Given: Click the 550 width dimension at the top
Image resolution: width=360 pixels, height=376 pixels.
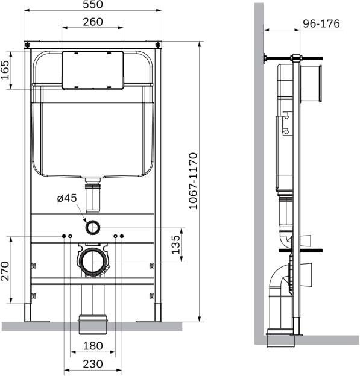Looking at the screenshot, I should (x=92, y=5).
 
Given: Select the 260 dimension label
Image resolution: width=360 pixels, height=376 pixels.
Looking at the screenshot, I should (x=92, y=22).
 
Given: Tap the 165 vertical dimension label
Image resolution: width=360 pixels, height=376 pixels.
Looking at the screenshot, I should (x=5, y=69).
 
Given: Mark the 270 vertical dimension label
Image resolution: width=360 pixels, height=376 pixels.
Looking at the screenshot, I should (x=5, y=271).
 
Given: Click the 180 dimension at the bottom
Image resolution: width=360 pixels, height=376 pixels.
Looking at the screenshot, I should (x=92, y=347).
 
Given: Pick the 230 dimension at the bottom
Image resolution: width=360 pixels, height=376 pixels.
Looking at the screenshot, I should (x=92, y=364).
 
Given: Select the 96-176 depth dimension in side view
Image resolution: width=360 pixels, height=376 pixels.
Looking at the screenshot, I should (x=321, y=24).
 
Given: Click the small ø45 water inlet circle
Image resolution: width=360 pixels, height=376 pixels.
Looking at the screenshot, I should (x=92, y=227).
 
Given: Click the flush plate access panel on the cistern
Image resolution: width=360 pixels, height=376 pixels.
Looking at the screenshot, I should (x=92, y=69).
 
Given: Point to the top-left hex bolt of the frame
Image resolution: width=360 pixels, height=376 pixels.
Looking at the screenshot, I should (x=28, y=45).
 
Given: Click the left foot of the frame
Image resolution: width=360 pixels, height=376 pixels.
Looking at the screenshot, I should (x=28, y=319).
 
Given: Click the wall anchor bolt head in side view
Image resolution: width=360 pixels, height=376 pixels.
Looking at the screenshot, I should (x=265, y=58).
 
